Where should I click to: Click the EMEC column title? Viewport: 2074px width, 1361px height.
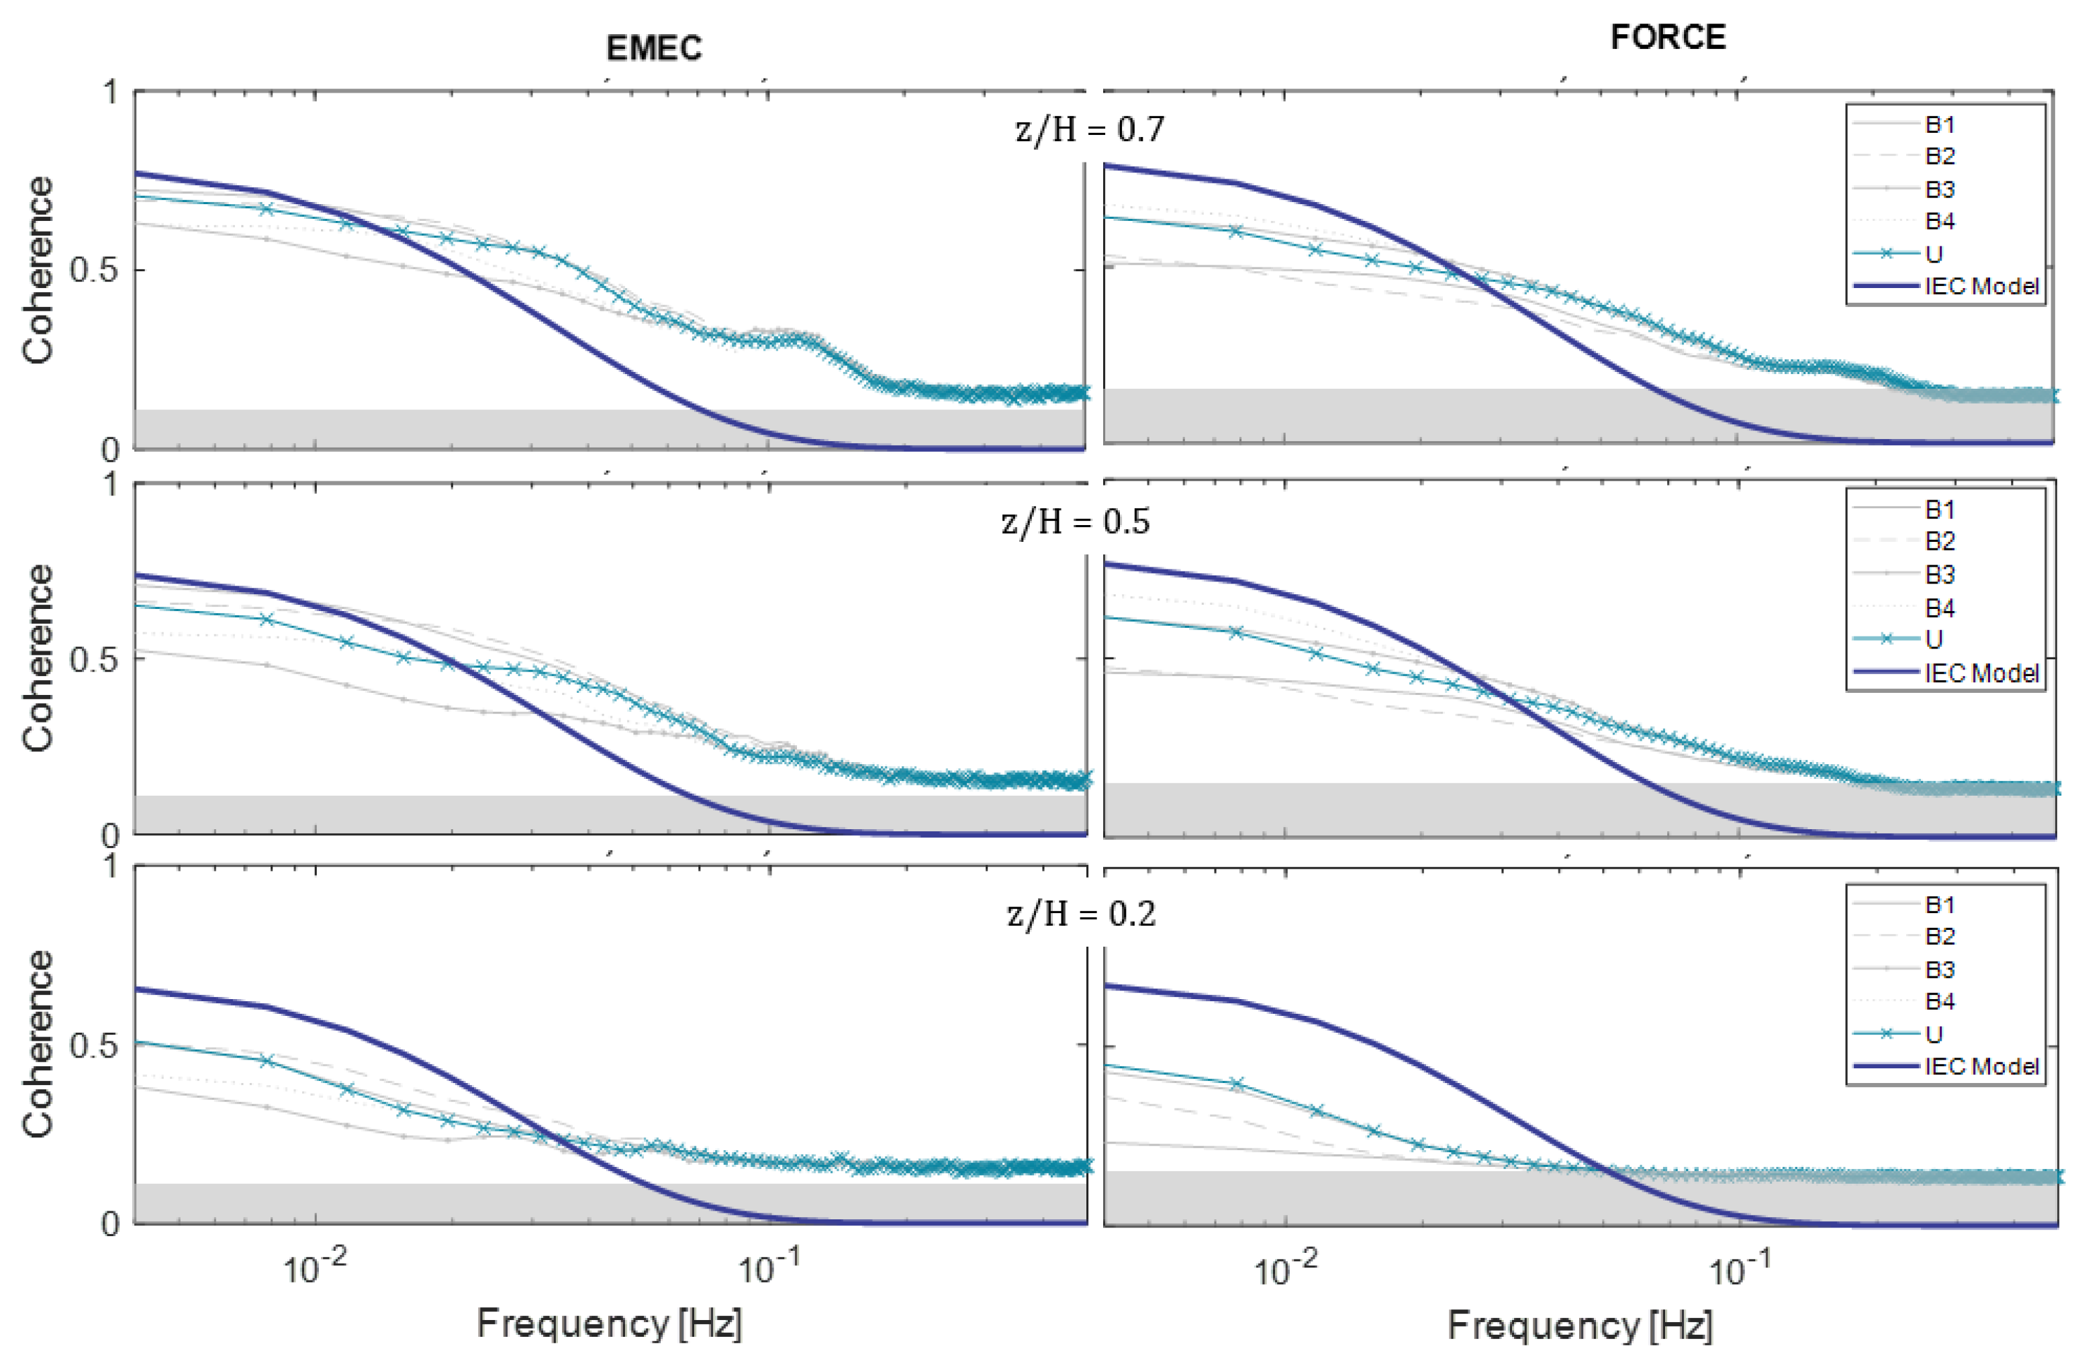[653, 48]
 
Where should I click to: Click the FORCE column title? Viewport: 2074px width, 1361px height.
[1667, 38]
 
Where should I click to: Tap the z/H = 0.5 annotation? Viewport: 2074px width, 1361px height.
[1076, 522]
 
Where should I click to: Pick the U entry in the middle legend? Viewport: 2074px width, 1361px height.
[1934, 640]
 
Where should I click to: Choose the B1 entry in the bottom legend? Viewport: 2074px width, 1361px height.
[1940, 904]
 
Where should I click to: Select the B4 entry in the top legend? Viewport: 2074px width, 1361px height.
[1940, 222]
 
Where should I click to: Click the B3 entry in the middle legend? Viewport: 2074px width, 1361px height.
[1940, 575]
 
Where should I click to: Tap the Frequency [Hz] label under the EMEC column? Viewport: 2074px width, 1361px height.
[609, 1323]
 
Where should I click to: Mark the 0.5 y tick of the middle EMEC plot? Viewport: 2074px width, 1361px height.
[93, 659]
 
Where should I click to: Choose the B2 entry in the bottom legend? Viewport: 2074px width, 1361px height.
[1940, 937]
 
